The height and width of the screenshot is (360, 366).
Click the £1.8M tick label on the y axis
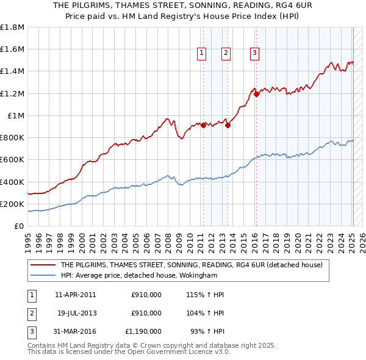click(x=12, y=27)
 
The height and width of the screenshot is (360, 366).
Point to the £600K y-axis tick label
click(x=12, y=160)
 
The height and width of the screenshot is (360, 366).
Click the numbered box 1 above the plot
click(x=202, y=54)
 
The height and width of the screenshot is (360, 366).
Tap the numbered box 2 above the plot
click(x=226, y=54)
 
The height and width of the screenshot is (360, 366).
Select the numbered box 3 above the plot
click(x=254, y=54)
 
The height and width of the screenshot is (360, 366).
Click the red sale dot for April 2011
click(x=204, y=126)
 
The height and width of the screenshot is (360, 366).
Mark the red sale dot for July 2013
click(x=228, y=126)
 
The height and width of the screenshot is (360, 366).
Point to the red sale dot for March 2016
click(x=257, y=95)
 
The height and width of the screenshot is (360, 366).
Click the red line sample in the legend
click(x=43, y=265)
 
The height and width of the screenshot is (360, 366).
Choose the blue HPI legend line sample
click(x=43, y=275)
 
